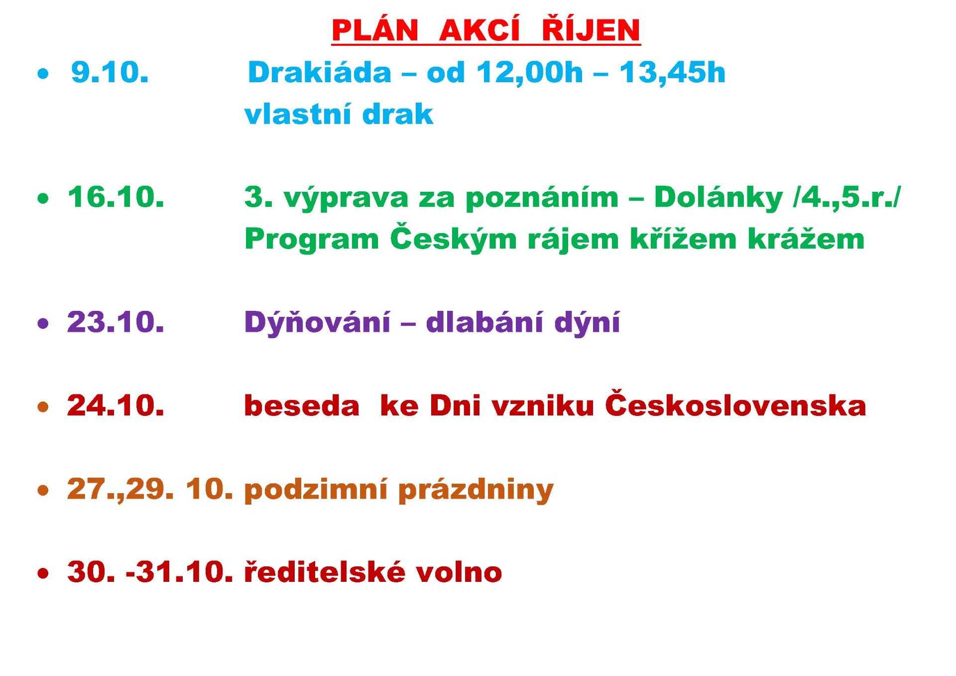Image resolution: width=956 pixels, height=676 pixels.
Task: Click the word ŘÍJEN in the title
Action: click(591, 29)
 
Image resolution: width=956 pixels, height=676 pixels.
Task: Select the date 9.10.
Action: click(110, 73)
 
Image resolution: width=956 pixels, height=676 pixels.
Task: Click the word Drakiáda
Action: click(320, 73)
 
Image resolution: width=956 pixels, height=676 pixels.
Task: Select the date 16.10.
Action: click(116, 197)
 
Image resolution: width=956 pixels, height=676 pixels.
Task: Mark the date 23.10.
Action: click(116, 322)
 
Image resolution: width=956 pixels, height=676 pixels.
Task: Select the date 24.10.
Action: click(116, 405)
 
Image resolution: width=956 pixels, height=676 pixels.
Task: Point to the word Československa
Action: click(735, 404)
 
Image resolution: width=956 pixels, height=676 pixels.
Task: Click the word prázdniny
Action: click(476, 489)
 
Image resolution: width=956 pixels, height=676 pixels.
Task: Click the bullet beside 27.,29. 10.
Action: click(44, 490)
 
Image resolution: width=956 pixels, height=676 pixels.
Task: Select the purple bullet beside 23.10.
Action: click(44, 324)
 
